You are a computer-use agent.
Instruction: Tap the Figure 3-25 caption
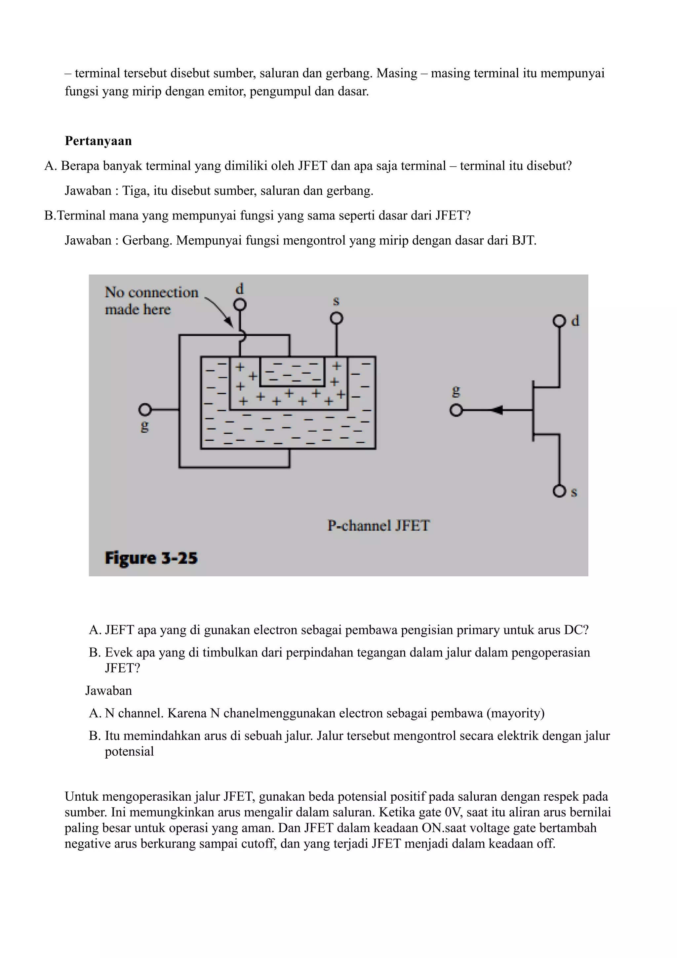151,558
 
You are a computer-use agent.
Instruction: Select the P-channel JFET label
378,525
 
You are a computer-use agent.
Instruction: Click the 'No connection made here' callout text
151,300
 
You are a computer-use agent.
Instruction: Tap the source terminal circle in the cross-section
336,318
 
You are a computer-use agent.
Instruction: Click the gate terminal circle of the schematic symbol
456,411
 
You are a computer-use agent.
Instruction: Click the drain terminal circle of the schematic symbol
559,321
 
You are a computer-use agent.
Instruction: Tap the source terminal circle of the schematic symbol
559,491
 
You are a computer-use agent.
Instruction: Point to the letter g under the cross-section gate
145,426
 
